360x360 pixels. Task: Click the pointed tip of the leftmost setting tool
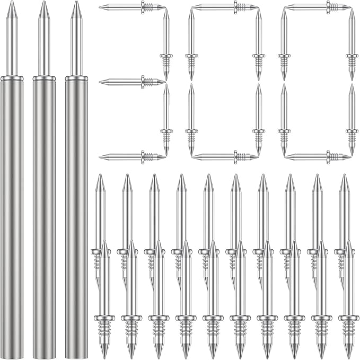[12, 2]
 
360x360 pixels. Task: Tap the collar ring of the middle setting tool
[44, 78]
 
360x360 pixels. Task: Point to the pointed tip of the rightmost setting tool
[76, 2]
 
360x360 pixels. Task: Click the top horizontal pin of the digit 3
[133, 7]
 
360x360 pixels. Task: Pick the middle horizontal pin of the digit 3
[133, 82]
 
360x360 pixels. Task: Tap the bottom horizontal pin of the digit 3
[133, 157]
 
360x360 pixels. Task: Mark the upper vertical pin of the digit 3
[166, 45]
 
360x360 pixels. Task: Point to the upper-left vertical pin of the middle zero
[191, 45]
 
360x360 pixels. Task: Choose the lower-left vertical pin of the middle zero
[191, 119]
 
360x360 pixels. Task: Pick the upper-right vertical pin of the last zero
[352, 45]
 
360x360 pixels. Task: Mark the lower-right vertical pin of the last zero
[352, 119]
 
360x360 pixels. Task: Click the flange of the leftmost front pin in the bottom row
[104, 318]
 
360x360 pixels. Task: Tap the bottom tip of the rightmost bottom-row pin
[349, 358]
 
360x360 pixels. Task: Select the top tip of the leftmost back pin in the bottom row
[100, 175]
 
